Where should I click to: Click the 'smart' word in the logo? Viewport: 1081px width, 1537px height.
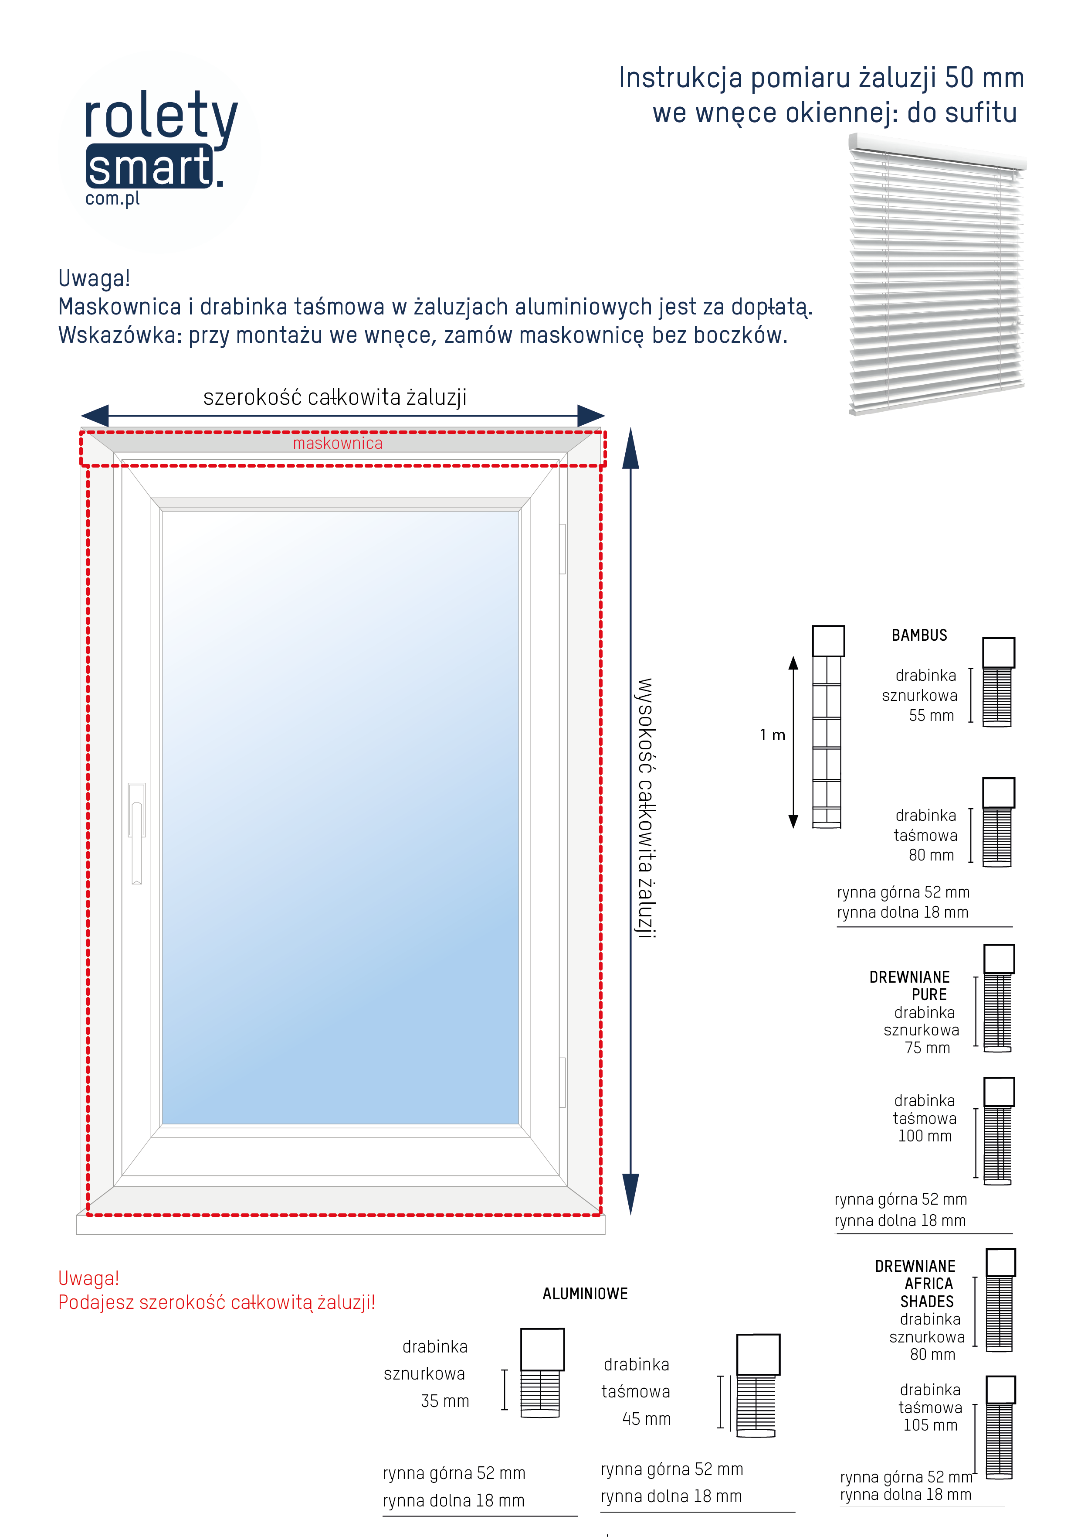[x=149, y=167]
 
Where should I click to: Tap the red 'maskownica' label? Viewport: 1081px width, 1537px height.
[x=338, y=443]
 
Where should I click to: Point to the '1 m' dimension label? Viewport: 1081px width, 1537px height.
[x=772, y=735]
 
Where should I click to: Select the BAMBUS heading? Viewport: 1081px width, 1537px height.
[x=919, y=635]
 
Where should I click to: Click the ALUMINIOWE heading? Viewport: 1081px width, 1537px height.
[x=585, y=1294]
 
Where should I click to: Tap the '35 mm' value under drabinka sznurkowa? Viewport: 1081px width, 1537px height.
[x=445, y=1401]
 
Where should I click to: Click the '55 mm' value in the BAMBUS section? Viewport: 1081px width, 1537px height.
[x=931, y=716]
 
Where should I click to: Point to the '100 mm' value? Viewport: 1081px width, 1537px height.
[x=925, y=1136]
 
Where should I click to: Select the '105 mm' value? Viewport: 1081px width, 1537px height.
[x=930, y=1425]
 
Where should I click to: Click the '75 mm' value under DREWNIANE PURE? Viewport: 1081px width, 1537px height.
[x=927, y=1049]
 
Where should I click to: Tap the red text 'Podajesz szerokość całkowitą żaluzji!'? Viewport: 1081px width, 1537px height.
[x=217, y=1303]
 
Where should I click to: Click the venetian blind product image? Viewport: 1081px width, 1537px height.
[x=936, y=274]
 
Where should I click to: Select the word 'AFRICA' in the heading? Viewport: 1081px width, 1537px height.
[x=929, y=1284]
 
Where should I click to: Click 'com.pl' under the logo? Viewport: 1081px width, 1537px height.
[x=112, y=199]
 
